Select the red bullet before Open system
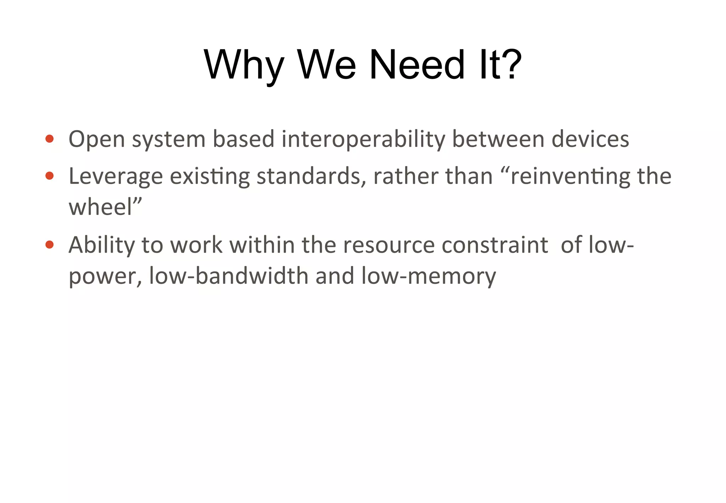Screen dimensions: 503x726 [50, 139]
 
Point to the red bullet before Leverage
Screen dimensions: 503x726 [50, 176]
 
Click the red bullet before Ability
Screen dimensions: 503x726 [50, 244]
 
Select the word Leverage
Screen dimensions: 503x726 [116, 176]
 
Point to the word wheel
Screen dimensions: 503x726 [100, 207]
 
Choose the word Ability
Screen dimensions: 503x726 [101, 245]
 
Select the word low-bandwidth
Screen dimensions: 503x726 [229, 276]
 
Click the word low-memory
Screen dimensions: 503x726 [429, 276]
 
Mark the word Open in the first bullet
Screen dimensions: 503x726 [96, 139]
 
